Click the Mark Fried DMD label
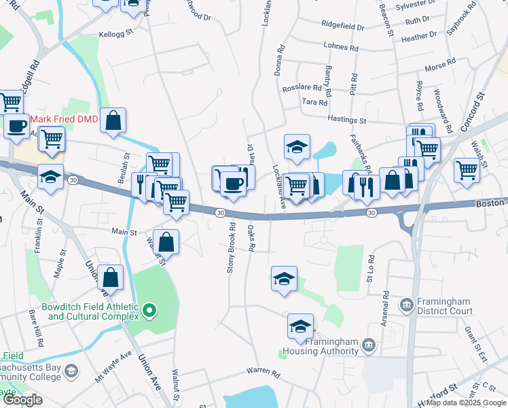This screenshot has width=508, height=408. click(x=64, y=119)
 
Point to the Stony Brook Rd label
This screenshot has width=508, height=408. click(x=231, y=248)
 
